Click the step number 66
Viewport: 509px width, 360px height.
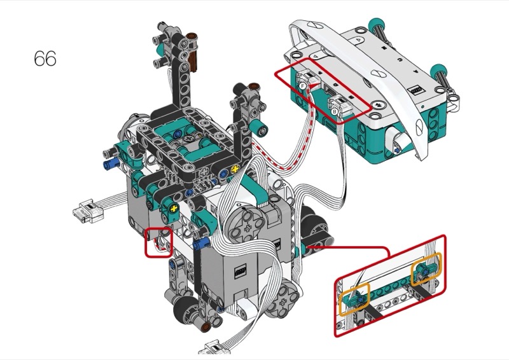tap(45, 59)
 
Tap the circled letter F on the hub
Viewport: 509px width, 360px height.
tap(303, 87)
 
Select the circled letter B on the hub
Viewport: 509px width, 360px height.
tap(335, 112)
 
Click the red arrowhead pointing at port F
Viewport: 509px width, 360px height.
tap(313, 87)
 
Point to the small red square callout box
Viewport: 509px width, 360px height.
tap(158, 242)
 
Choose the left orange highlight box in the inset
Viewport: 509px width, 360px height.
tap(354, 299)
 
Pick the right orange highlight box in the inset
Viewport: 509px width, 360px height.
tap(426, 270)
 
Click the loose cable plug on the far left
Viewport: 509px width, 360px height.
tap(88, 211)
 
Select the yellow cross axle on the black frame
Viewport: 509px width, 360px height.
tap(235, 169)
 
